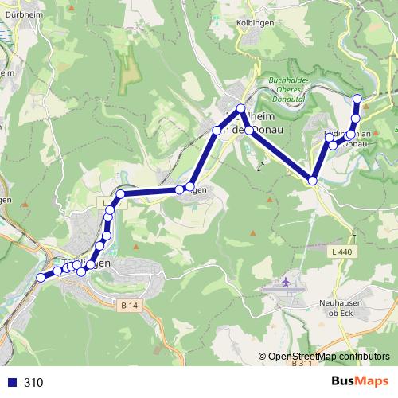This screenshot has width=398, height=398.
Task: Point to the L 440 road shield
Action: [x=340, y=252]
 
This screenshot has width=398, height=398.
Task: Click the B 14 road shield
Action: [x=131, y=305]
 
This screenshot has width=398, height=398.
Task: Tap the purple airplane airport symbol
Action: [x=287, y=283]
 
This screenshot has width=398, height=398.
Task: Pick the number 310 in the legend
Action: [x=33, y=382]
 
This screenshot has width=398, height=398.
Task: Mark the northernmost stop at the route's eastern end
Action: [x=357, y=98]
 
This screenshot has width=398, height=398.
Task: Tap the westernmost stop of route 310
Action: [x=41, y=277]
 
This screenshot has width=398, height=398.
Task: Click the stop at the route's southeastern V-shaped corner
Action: [x=314, y=181]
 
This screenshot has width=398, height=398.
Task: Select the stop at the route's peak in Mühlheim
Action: [x=241, y=108]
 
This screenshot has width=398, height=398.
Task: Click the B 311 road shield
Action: [x=302, y=363]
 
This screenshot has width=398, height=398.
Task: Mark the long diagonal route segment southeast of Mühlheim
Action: [x=281, y=155]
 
